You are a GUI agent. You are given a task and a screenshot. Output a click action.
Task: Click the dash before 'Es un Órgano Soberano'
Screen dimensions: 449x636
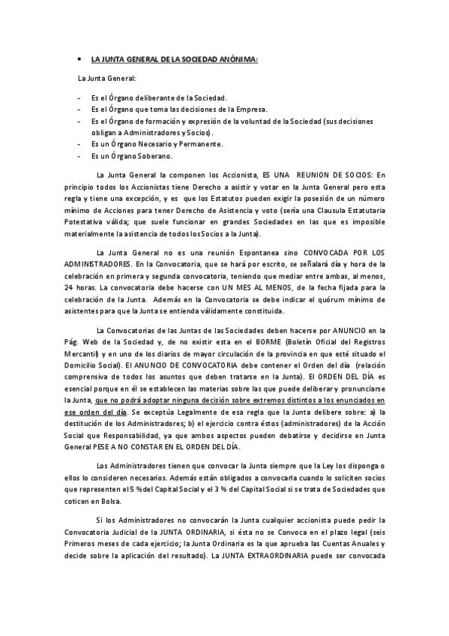pos(79,155)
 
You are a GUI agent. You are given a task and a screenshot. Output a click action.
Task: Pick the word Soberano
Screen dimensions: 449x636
pos(154,155)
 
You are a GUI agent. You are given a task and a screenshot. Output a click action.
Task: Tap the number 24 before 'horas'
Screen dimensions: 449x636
pos(67,288)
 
